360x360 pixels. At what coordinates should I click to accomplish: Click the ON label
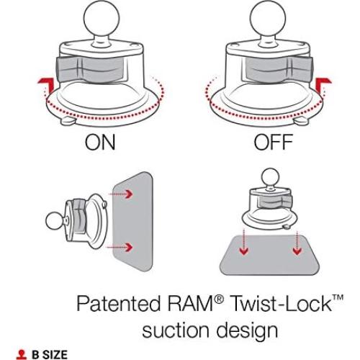coord(100,143)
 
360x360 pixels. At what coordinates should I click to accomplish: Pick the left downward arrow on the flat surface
coord(244,249)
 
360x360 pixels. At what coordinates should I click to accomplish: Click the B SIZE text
coord(49,354)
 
